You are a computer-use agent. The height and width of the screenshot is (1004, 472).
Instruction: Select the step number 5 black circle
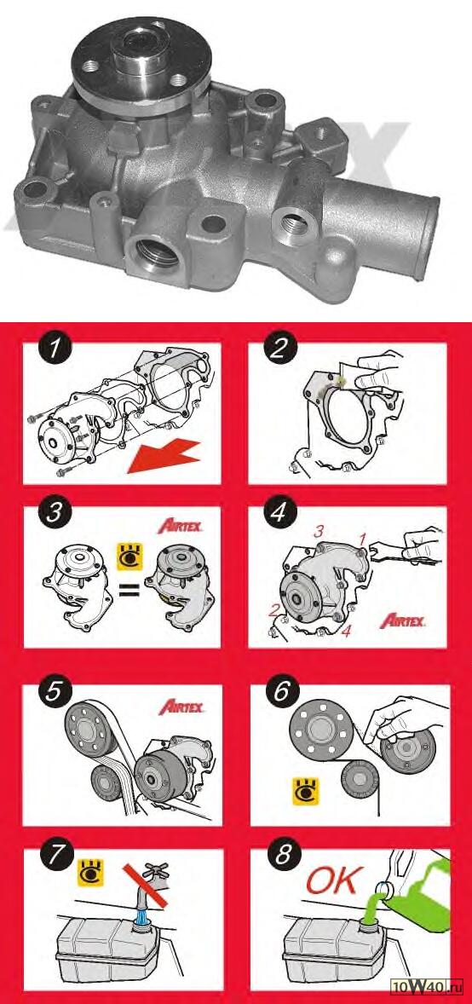tap(54, 695)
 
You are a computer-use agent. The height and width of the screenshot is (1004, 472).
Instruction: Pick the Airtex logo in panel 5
tap(181, 707)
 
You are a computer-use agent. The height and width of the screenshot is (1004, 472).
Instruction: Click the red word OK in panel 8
tap(334, 882)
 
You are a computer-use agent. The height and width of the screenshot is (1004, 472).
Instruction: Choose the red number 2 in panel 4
tap(273, 609)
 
